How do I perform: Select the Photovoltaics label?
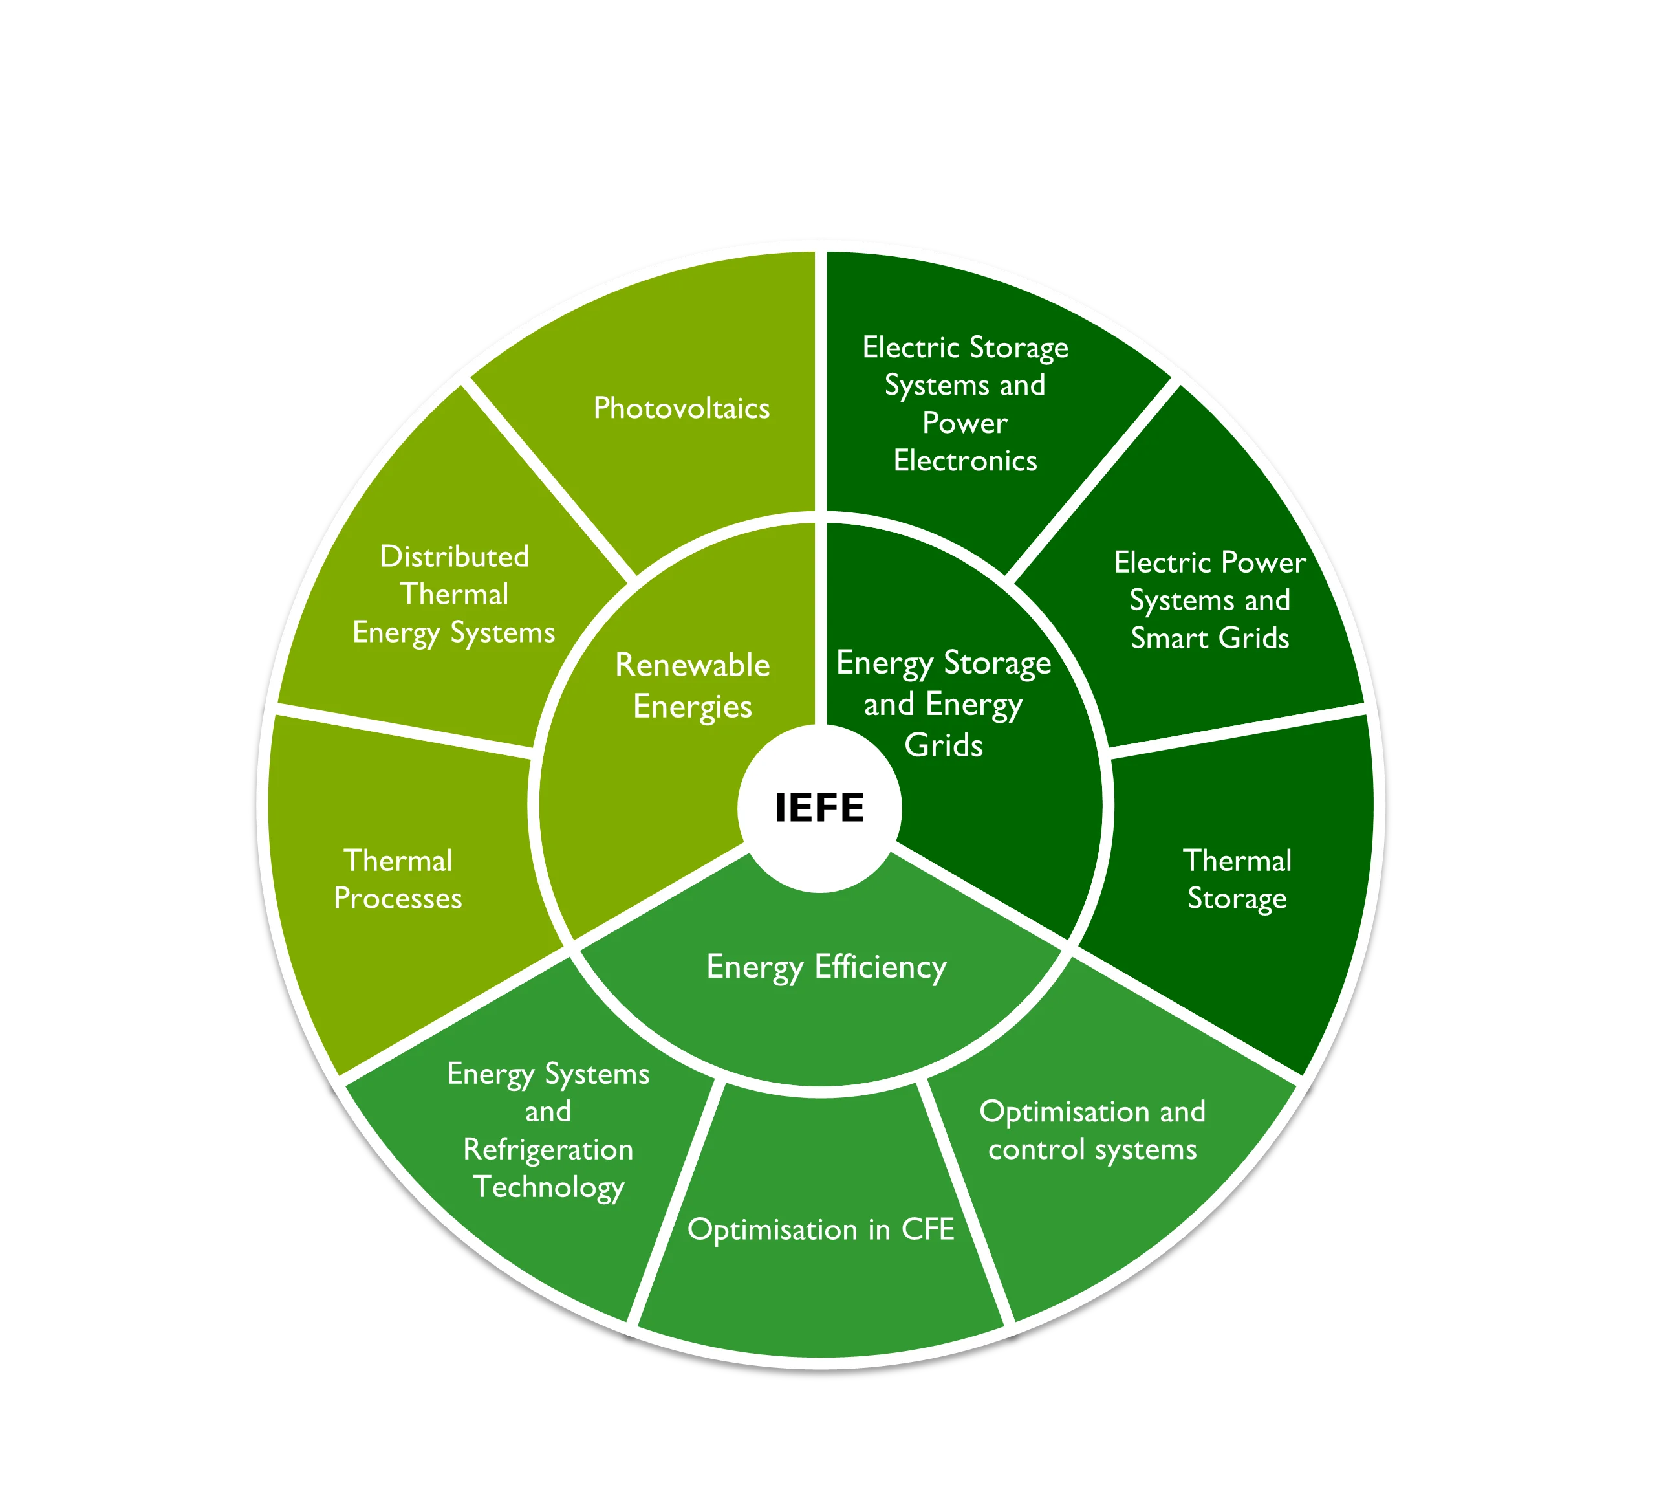click(682, 408)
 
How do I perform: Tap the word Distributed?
click(454, 556)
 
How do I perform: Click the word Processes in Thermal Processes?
click(398, 899)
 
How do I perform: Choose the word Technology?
click(548, 1187)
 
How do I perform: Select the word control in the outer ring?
click(1036, 1149)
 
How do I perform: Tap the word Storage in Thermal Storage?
click(1237, 899)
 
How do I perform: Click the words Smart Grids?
click(1209, 638)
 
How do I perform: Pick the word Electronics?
click(965, 461)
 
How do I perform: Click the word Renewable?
click(693, 665)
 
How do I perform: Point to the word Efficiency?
click(880, 967)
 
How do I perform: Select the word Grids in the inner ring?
click(944, 745)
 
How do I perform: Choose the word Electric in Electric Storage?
click(909, 347)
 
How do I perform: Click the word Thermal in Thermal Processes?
click(398, 861)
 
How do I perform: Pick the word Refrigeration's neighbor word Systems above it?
click(598, 1075)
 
